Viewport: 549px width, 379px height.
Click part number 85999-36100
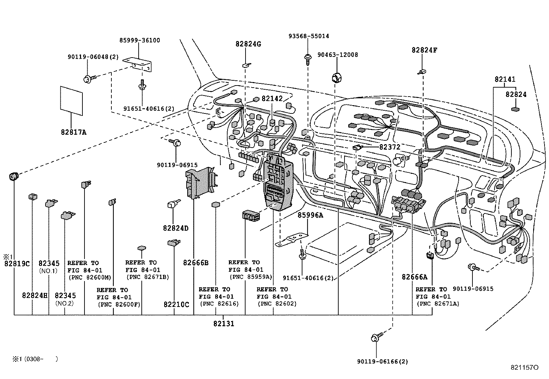tap(140, 40)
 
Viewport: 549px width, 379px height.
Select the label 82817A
tap(73, 132)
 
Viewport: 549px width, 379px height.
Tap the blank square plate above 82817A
tap(71, 100)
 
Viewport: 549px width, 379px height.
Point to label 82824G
tap(248, 44)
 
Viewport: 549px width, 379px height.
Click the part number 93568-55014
tap(309, 36)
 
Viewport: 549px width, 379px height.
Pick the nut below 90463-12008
tap(336, 78)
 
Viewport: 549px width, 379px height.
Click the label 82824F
tap(424, 50)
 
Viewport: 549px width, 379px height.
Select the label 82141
tap(505, 79)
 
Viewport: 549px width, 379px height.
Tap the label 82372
tap(390, 147)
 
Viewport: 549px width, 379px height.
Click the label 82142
tap(272, 99)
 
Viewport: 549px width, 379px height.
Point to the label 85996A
tap(310, 215)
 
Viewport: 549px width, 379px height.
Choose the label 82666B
tap(196, 263)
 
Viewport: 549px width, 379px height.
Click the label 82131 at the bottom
tap(223, 323)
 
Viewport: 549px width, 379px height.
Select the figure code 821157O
tap(525, 368)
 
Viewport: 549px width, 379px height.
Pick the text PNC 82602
tap(277, 304)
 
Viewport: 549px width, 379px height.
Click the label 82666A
tap(414, 277)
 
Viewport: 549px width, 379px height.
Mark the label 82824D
tap(176, 228)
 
